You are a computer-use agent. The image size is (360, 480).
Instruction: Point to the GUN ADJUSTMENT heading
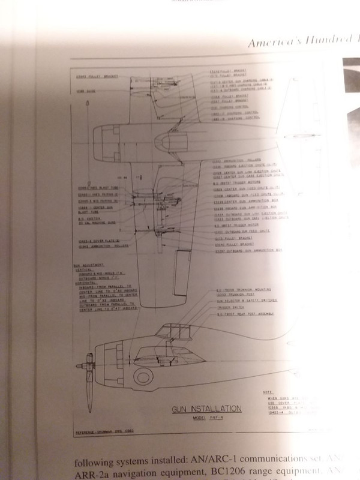(x=88, y=265)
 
